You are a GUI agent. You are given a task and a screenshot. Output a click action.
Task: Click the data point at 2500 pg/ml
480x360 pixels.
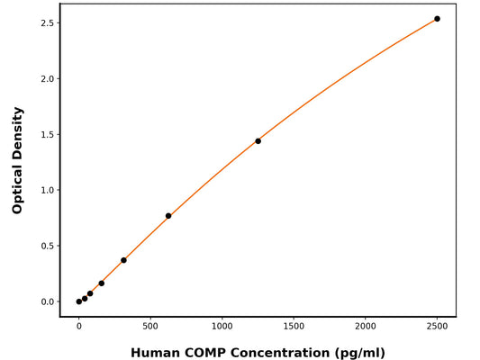point(437,19)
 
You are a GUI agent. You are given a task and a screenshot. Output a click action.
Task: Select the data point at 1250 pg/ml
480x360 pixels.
point(258,141)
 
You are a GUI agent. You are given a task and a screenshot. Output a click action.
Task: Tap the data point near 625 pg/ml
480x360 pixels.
point(168,216)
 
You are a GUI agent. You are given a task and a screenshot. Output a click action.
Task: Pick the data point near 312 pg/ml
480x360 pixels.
point(123,260)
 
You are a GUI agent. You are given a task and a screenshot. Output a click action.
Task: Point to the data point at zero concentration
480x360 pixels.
point(79,301)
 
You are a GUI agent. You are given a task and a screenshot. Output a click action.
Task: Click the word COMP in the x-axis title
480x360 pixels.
point(210,353)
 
